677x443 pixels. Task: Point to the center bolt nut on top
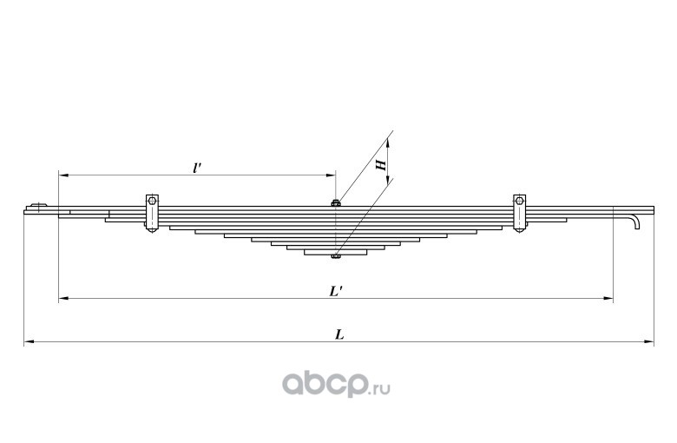pyautogui.click(x=335, y=204)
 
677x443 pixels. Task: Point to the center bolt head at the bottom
pyautogui.click(x=335, y=256)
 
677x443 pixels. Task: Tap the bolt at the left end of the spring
pyautogui.click(x=36, y=208)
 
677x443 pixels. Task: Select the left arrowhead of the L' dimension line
pyautogui.click(x=63, y=300)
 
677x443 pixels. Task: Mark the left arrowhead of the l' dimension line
pyautogui.click(x=63, y=175)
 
